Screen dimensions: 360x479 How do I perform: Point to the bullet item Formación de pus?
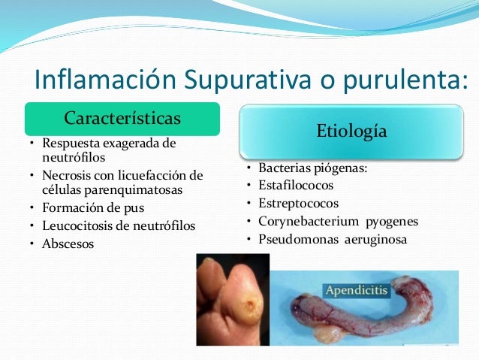[93, 207]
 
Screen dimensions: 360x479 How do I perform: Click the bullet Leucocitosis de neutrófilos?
[118, 225]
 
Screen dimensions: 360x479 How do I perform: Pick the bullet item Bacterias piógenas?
[312, 168]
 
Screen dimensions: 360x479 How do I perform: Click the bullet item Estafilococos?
[295, 185]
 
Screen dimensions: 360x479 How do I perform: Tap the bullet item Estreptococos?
[298, 203]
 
